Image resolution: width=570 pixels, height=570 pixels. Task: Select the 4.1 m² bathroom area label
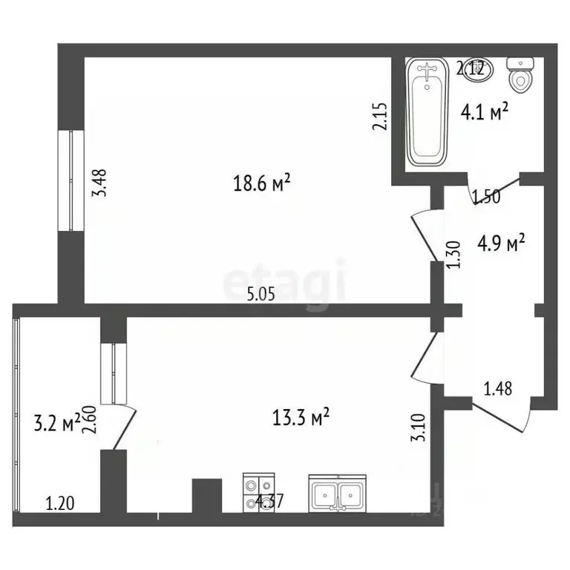tap(485, 112)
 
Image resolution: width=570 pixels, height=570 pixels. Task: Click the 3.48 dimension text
tap(101, 183)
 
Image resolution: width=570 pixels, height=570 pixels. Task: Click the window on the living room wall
tap(73, 180)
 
